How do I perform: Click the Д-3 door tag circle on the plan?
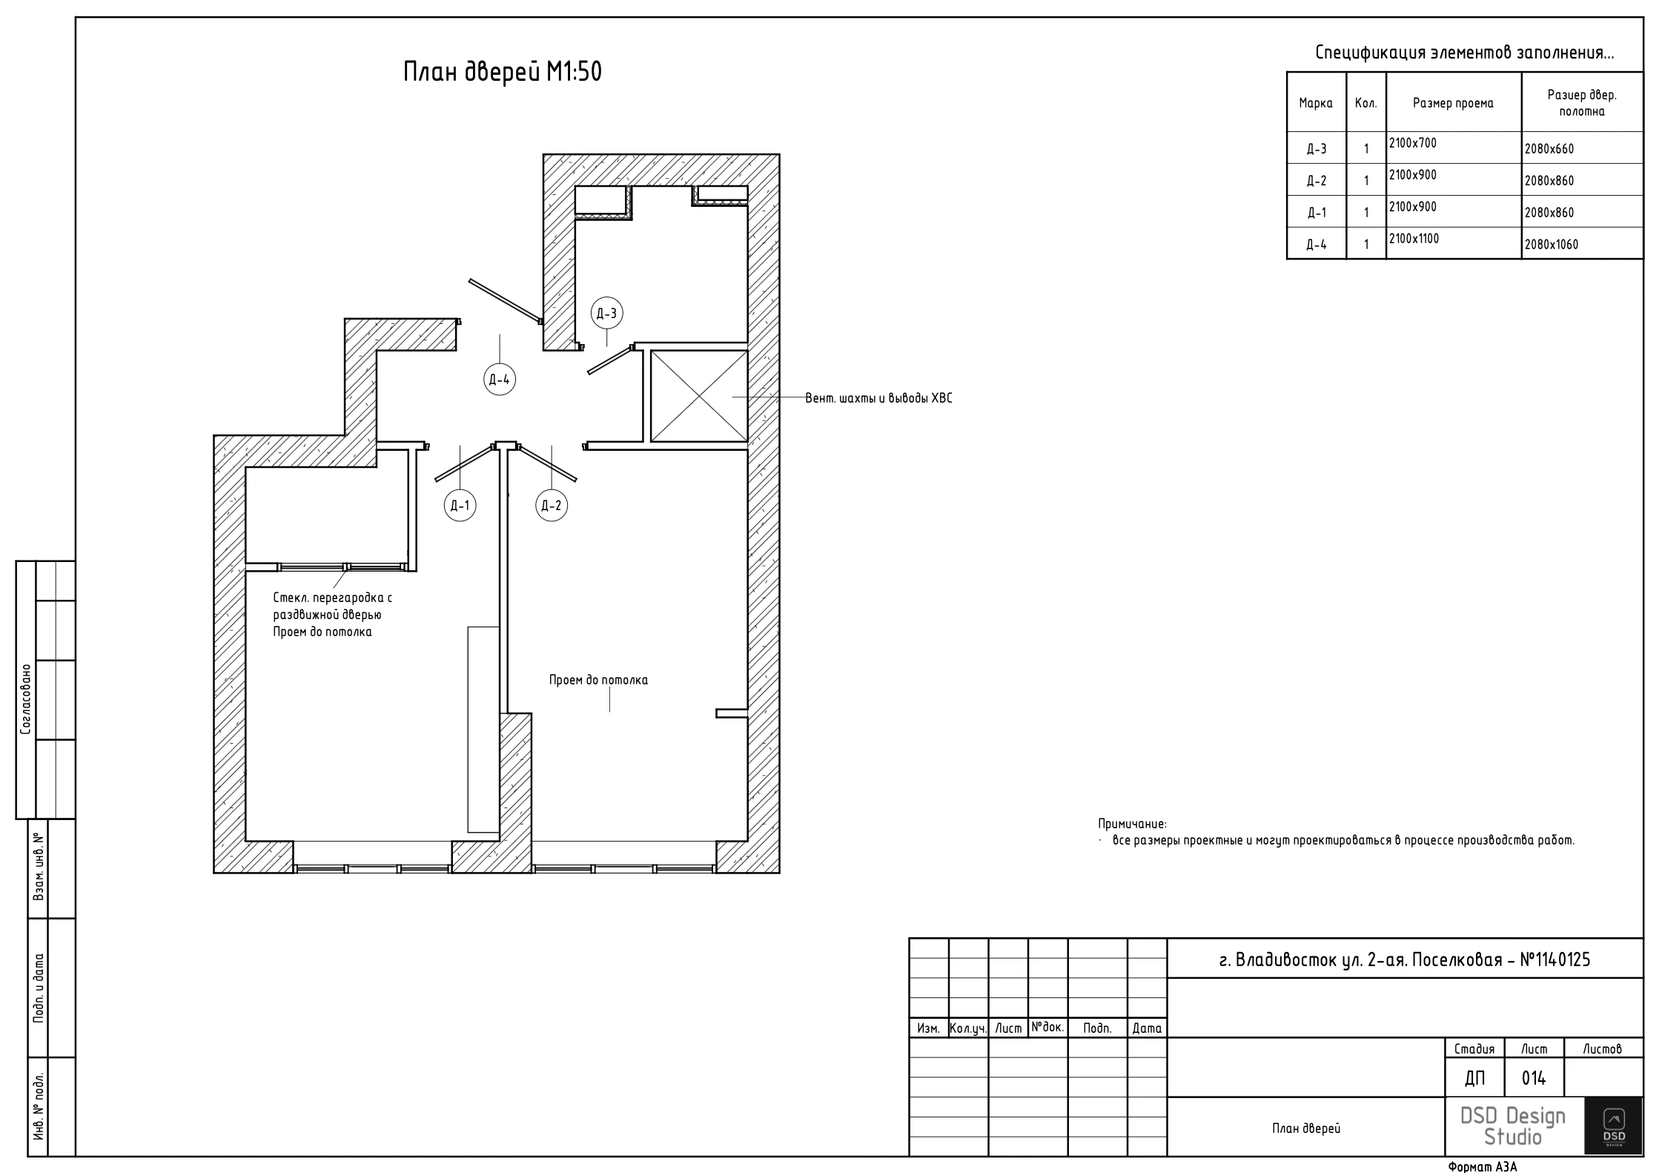606,314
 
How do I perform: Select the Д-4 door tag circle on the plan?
500,380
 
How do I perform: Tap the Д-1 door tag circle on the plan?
460,506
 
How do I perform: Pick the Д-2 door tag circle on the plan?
552,506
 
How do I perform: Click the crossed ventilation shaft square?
699,397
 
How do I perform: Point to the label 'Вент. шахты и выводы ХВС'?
878,398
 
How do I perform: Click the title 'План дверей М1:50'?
503,72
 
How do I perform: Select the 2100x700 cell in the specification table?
1454,148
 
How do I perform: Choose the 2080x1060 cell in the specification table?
1583,243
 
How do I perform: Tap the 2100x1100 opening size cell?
1454,243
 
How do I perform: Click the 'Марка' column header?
1316,103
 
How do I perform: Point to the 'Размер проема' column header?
1453,103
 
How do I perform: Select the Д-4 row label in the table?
1317,244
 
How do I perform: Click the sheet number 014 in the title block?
1534,1078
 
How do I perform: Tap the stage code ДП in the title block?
1475,1079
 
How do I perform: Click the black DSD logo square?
1614,1126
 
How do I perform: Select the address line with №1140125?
1405,959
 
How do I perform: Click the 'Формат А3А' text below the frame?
1483,1166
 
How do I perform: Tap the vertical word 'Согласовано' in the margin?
26,699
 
